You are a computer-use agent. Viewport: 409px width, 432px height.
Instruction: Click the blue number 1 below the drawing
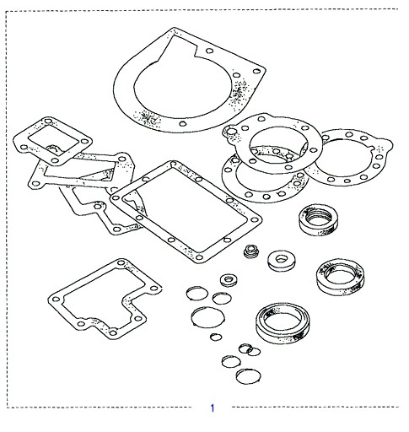[213, 408]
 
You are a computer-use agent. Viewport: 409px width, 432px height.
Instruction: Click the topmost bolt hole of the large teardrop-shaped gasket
[209, 51]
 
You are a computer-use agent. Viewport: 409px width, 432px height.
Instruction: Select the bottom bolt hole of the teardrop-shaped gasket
[183, 124]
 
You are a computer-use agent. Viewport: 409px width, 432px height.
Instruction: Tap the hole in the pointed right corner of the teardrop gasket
[256, 71]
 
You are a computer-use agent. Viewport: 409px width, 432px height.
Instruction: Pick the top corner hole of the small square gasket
[48, 121]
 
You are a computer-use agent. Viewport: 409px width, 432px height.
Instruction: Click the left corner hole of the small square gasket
[24, 147]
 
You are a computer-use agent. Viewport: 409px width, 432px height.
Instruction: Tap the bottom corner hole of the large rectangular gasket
[199, 257]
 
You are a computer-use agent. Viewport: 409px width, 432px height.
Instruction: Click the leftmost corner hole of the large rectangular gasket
[116, 198]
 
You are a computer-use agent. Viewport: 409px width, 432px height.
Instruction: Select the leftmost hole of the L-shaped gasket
[56, 300]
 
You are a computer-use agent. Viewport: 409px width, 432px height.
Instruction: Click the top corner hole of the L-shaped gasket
[121, 263]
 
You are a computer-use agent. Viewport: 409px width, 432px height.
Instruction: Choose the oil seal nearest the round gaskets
[319, 219]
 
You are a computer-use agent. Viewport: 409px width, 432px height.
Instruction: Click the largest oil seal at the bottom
[283, 322]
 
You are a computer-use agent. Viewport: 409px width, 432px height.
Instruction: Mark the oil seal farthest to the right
[341, 277]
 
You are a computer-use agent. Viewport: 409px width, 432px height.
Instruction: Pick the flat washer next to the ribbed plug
[282, 261]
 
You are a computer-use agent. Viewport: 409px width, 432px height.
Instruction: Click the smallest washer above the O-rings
[229, 280]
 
